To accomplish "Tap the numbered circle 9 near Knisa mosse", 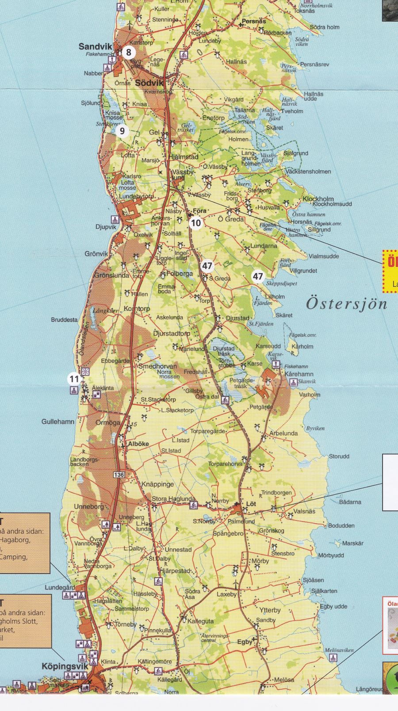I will pos(122,131).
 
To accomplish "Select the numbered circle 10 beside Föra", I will pos(195,223).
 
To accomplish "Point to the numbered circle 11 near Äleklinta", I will pos(74,379).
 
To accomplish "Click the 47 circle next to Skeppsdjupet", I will pos(258,277).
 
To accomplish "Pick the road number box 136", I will pos(119,475).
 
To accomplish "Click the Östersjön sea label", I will pos(347,304).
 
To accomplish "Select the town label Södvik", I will pos(149,83).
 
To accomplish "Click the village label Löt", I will pos(251,504).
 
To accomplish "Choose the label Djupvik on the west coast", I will pos(106,227).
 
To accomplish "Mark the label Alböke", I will pos(138,444).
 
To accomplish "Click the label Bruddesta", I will pos(64,319).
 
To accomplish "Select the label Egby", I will pos(245,642).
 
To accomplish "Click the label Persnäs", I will pos(254,21).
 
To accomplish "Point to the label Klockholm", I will pos(318,199).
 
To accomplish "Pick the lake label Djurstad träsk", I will pos(223,351).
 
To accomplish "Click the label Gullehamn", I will pos(58,422).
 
